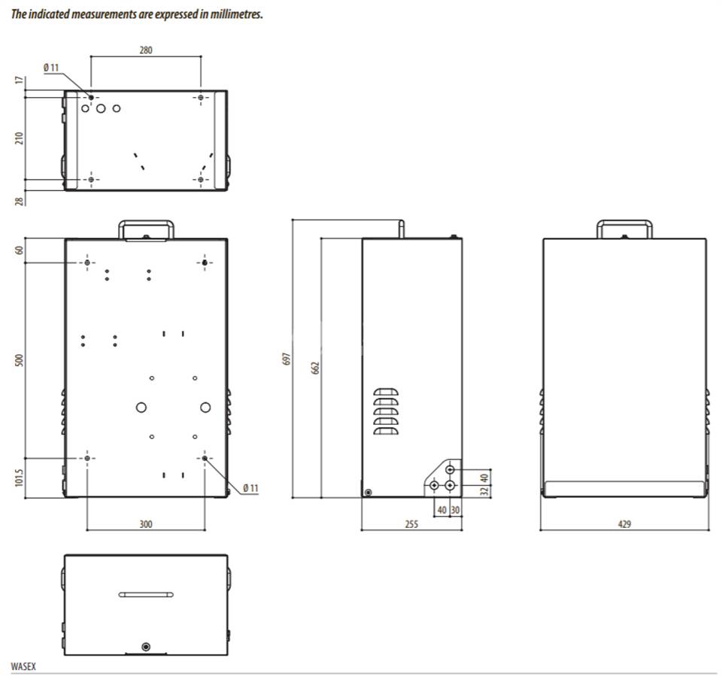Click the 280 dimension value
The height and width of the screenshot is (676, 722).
pyautogui.click(x=145, y=50)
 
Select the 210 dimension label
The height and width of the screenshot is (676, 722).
pyautogui.click(x=19, y=138)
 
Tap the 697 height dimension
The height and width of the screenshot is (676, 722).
pyautogui.click(x=287, y=359)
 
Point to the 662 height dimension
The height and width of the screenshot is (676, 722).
pyautogui.click(x=315, y=368)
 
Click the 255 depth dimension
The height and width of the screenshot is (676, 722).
pyautogui.click(x=411, y=523)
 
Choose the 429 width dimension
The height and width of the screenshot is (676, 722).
pyautogui.click(x=624, y=523)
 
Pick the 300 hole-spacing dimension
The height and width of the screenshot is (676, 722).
pyautogui.click(x=145, y=523)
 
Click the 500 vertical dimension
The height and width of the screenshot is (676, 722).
pyautogui.click(x=19, y=360)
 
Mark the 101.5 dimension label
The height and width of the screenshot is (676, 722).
pyautogui.click(x=19, y=477)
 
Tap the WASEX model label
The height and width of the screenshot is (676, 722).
pyautogui.click(x=23, y=666)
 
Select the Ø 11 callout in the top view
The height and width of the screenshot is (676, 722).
pyautogui.click(x=51, y=67)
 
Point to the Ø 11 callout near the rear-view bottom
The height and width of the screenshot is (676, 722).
pyautogui.click(x=250, y=488)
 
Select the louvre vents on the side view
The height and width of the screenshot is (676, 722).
pyautogui.click(x=386, y=411)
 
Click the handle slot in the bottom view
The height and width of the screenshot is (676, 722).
pyautogui.click(x=146, y=595)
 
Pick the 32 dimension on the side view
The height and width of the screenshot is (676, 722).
pyautogui.click(x=484, y=491)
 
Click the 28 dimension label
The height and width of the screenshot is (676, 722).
pyautogui.click(x=19, y=201)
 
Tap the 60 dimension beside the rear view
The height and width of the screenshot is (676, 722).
pyautogui.click(x=19, y=250)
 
